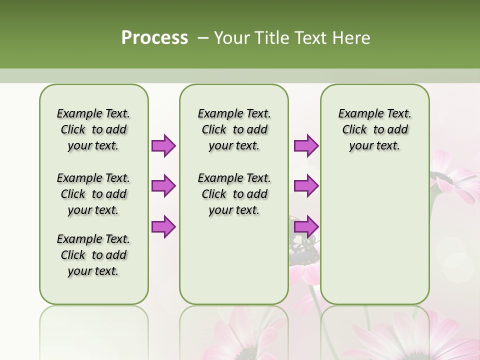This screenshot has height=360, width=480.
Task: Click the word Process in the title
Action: [154, 37]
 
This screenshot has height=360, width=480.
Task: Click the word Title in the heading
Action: [272, 37]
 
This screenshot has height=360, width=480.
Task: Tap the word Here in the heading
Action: [353, 37]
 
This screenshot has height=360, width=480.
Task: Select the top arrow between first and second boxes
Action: [163, 145]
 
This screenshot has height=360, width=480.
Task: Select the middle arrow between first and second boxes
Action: [163, 185]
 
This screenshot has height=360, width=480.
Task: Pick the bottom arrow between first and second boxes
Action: [163, 226]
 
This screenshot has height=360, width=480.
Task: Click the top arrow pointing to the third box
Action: [306, 145]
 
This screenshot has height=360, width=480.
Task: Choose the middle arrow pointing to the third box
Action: [306, 185]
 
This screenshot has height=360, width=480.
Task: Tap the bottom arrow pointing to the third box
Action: [306, 226]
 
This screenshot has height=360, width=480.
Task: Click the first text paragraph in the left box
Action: [93, 129]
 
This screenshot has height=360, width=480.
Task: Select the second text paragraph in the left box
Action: [93, 194]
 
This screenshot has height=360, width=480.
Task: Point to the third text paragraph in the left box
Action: [93, 255]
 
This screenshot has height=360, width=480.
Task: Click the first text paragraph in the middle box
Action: [234, 129]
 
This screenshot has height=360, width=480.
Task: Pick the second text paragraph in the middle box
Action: [234, 194]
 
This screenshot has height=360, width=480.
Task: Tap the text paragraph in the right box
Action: [375, 129]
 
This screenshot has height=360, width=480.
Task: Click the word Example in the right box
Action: [358, 114]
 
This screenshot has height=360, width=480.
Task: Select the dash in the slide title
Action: [202, 37]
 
